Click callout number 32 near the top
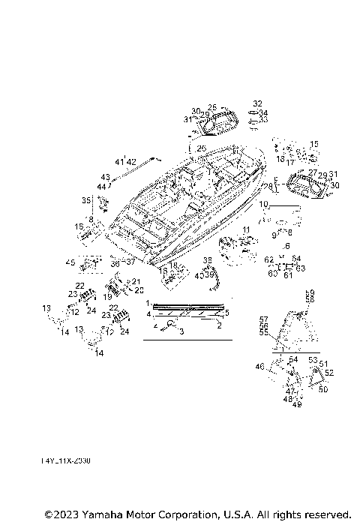pyautogui.click(x=257, y=103)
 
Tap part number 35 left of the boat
pyautogui.click(x=86, y=200)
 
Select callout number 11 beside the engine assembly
pyautogui.click(x=246, y=228)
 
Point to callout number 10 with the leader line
pyautogui.click(x=263, y=204)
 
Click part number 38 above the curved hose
pyautogui.click(x=207, y=260)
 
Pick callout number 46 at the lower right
pyautogui.click(x=260, y=366)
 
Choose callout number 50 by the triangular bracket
pyautogui.click(x=323, y=389)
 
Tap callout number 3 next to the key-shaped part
pyautogui.click(x=181, y=330)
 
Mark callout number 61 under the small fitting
pyautogui.click(x=286, y=275)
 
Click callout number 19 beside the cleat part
pyautogui.click(x=107, y=297)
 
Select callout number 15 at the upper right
pyautogui.click(x=314, y=144)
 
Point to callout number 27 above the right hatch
pyautogui.click(x=313, y=172)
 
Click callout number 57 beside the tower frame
pyautogui.click(x=263, y=319)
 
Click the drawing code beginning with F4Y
pyautogui.click(x=65, y=461)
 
